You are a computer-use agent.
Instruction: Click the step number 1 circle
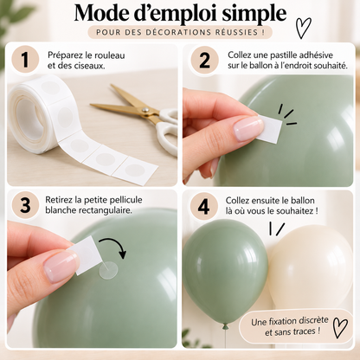coord(25,60)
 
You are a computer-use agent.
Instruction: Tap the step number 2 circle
coord(204,60)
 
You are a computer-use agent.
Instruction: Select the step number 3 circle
coord(25,205)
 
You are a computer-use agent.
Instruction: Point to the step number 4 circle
coord(204,206)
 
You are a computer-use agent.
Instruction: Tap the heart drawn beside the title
coord(303,28)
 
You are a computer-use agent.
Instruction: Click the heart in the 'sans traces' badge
coord(340,327)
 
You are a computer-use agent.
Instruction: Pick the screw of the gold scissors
coord(145,110)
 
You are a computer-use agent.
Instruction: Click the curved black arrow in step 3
coord(114,245)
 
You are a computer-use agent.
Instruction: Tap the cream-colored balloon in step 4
coord(312,267)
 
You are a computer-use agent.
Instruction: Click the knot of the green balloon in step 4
coord(225,326)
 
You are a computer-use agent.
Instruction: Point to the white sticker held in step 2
coord(270,128)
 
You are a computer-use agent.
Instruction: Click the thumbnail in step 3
coord(60,266)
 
